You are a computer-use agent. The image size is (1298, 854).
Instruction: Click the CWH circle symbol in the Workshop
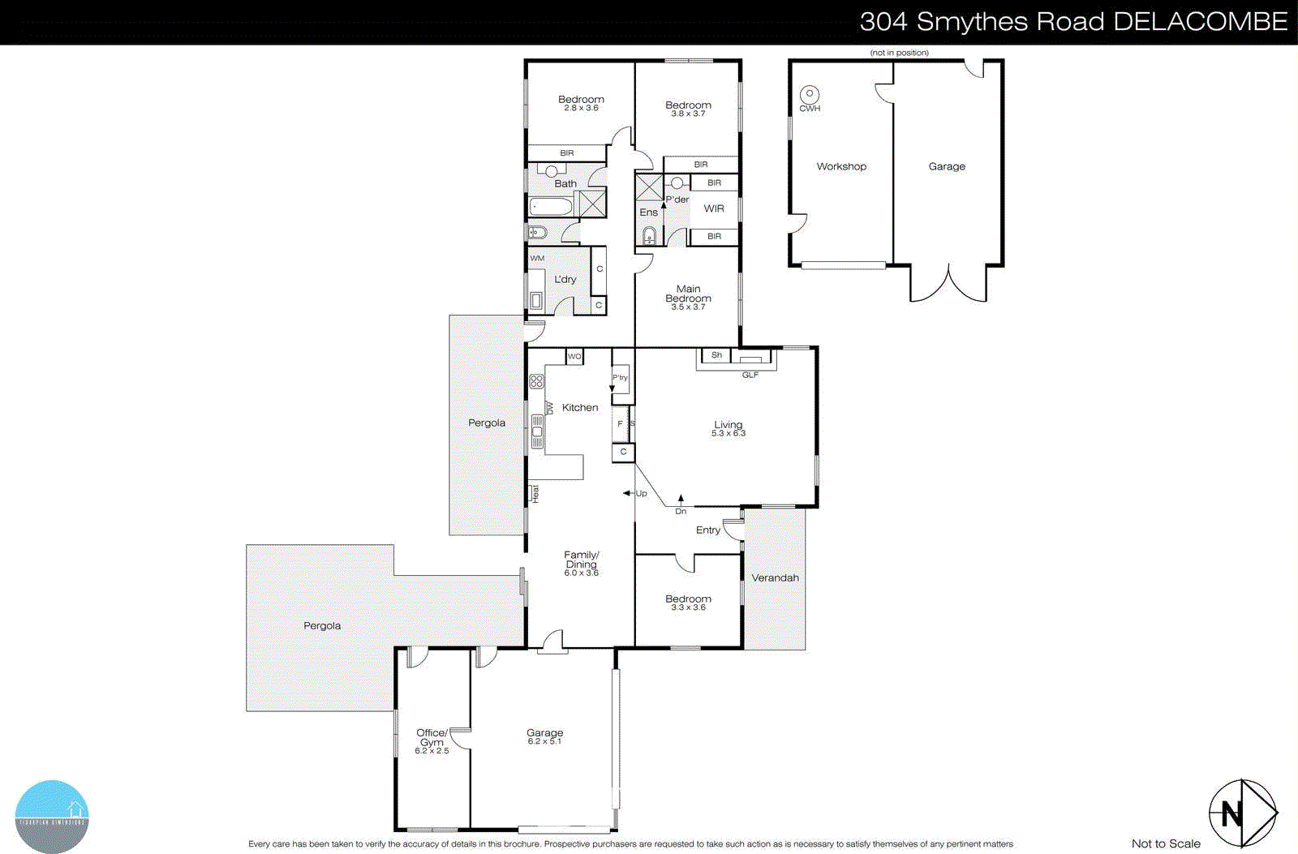[x=809, y=94]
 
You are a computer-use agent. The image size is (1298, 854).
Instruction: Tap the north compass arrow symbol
[x=1242, y=812]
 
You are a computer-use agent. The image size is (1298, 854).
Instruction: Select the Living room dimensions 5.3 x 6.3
[x=729, y=434]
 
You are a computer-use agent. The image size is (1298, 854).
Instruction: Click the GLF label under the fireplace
[x=750, y=375]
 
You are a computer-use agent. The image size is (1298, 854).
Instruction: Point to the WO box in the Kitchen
[x=574, y=357]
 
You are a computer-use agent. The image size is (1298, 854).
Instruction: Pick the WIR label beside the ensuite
[x=714, y=208]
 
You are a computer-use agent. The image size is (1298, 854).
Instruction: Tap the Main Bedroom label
[x=688, y=294]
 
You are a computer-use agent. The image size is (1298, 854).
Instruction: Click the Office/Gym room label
[x=432, y=737]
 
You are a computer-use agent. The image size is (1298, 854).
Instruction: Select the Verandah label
[x=775, y=578]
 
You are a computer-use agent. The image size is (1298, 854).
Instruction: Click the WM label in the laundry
[x=537, y=259]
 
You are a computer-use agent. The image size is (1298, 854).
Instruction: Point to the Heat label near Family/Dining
[x=535, y=493]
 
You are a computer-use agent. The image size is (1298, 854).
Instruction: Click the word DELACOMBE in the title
[x=1200, y=22]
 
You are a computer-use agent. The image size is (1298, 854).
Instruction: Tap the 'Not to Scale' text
[x=1166, y=843]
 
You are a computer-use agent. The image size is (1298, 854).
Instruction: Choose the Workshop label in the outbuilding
[x=841, y=166]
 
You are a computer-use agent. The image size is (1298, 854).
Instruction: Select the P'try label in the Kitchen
[x=620, y=378]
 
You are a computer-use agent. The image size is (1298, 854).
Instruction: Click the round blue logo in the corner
[x=52, y=816]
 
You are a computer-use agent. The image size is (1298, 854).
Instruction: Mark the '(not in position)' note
[x=899, y=53]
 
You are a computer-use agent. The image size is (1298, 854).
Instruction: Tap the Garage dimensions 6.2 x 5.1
[x=544, y=742]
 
